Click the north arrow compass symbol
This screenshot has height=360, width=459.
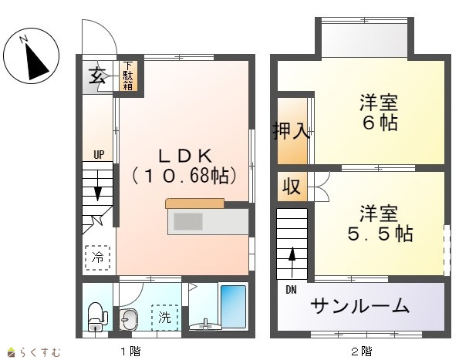pos(32,56)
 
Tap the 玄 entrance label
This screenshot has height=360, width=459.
pos(97,75)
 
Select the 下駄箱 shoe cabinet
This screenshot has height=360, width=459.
pos(128,76)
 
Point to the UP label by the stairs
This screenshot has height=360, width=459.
pos(99,154)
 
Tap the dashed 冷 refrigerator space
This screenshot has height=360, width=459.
pos(97,257)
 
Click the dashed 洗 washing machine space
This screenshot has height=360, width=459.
pos(165,318)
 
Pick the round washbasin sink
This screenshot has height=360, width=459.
pos(129,319)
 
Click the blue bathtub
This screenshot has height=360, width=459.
pos(233,306)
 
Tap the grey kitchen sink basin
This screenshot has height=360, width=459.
pos(188,221)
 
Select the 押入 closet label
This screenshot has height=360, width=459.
pos(291,130)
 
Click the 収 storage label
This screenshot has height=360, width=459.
pos(292,186)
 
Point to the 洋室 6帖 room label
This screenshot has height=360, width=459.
pos(379,112)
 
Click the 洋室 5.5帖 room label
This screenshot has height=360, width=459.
pos(380,224)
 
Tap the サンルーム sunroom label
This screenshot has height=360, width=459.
pos(359,306)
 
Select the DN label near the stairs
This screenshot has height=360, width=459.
pos(291,290)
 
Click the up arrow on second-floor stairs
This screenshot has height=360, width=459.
pos(292,262)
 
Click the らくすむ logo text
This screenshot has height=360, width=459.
pos(40,352)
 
